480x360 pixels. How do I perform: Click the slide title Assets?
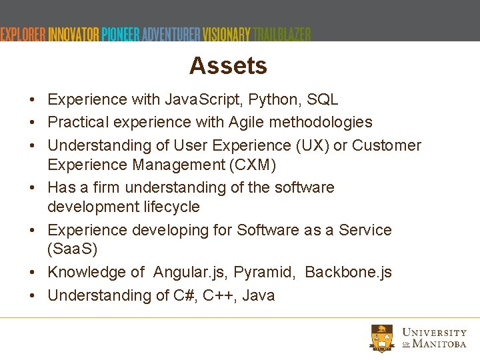[x=228, y=65]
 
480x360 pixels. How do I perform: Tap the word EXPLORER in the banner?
[x=23, y=35]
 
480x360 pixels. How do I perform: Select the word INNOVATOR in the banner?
[x=73, y=35]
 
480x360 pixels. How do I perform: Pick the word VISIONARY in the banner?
[x=227, y=35]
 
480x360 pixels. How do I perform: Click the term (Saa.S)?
[x=72, y=249]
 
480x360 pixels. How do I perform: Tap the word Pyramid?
[x=267, y=273]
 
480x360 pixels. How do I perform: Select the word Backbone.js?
[x=348, y=273]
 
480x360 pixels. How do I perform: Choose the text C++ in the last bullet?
[x=219, y=295]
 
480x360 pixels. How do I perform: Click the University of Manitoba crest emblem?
[x=383, y=338]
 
